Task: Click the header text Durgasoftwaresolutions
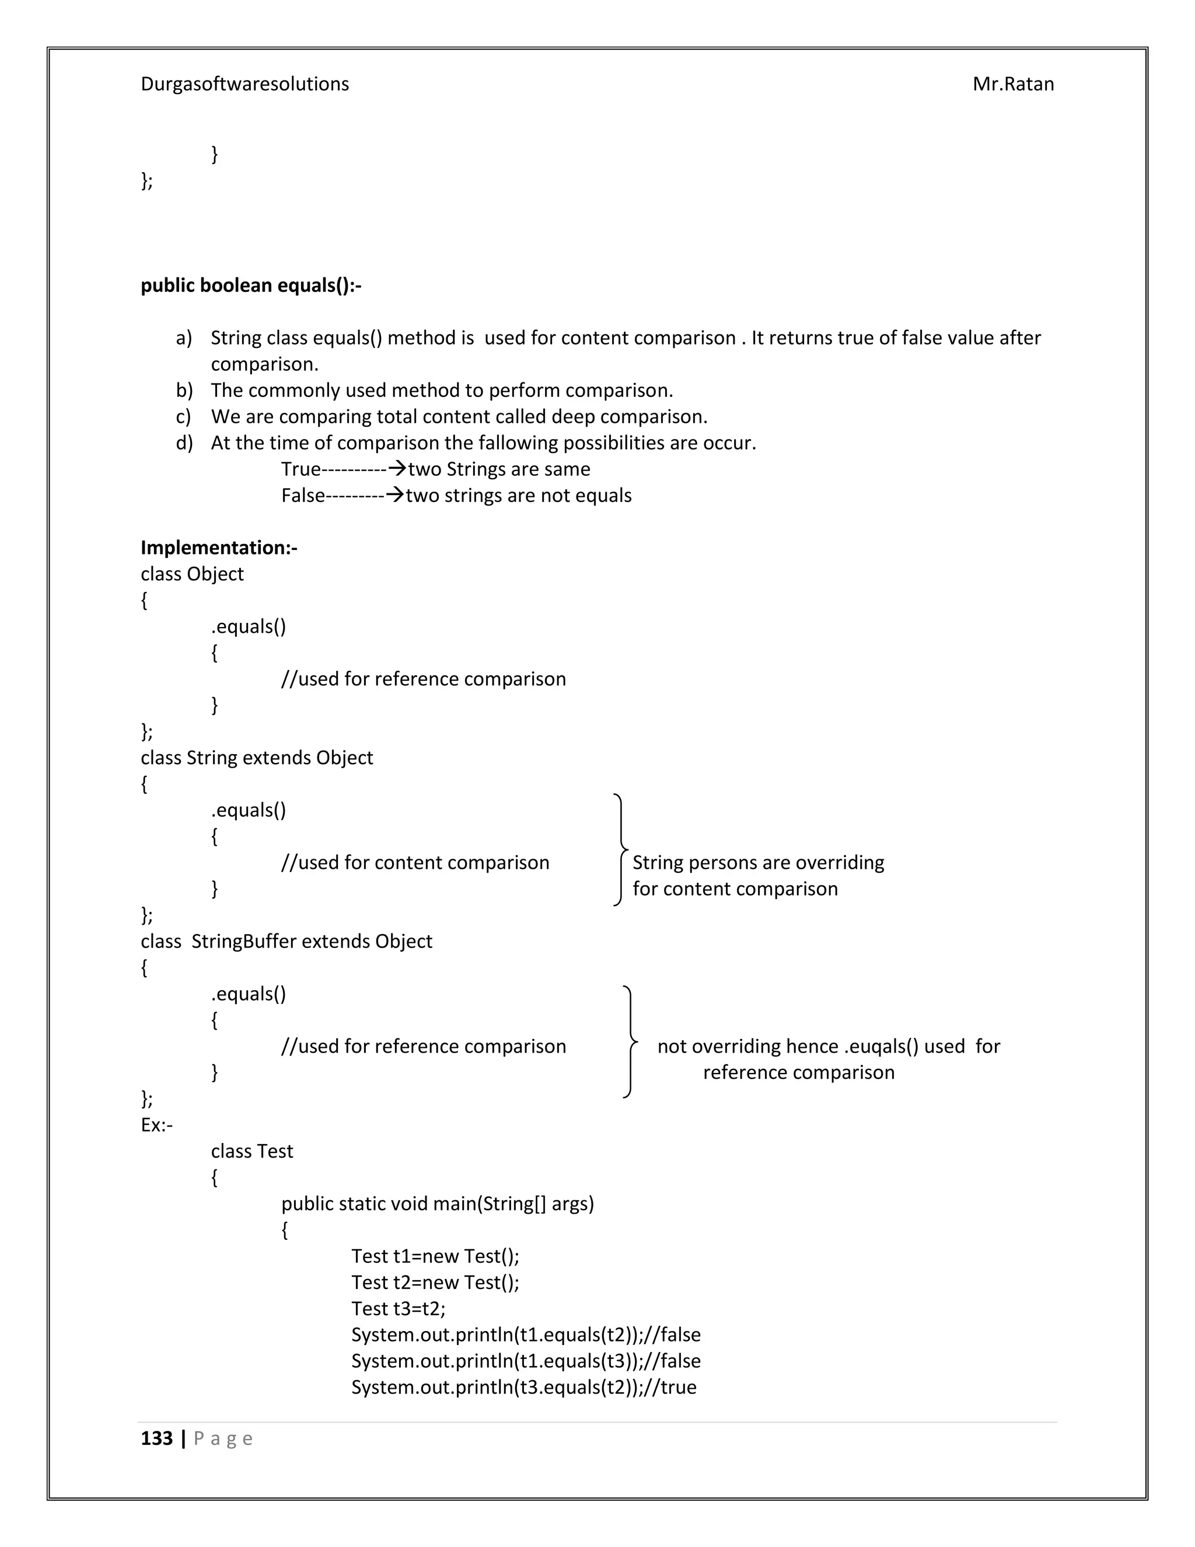pyautogui.click(x=244, y=84)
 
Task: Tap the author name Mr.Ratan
pyautogui.click(x=1012, y=84)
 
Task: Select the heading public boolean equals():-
pyautogui.click(x=250, y=285)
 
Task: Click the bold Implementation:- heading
pyautogui.click(x=219, y=548)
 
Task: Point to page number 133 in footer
pyautogui.click(x=156, y=1438)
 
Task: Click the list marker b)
pyautogui.click(x=184, y=391)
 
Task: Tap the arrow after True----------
pyautogui.click(x=398, y=468)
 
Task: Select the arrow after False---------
pyautogui.click(x=394, y=494)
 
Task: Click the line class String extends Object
pyautogui.click(x=256, y=758)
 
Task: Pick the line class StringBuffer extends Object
pyautogui.click(x=286, y=942)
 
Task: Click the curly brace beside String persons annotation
pyautogui.click(x=620, y=850)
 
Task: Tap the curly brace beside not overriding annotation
pyautogui.click(x=630, y=1041)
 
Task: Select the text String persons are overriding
pyautogui.click(x=757, y=863)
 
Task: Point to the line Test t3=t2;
pyautogui.click(x=398, y=1308)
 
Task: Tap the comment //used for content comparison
pyautogui.click(x=415, y=863)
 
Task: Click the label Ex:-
pyautogui.click(x=156, y=1125)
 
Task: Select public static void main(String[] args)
pyautogui.click(x=437, y=1204)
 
